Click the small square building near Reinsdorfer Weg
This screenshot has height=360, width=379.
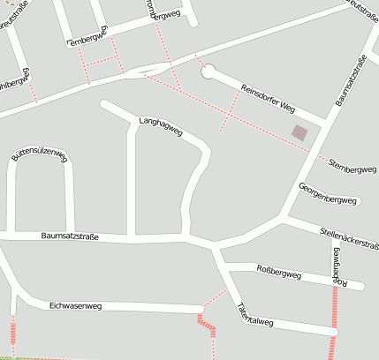click(300, 132)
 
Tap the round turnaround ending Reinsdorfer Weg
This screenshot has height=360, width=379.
click(208, 71)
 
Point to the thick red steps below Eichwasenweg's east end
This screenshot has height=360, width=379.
click(207, 326)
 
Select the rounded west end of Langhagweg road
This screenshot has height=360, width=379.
click(105, 106)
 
